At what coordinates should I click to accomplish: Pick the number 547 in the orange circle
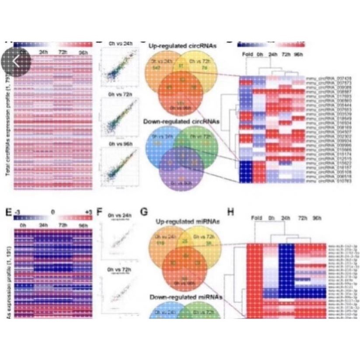pos(155,69)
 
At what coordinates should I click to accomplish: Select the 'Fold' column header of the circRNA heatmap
pos(248,54)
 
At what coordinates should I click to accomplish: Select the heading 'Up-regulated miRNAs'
pos(179,223)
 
